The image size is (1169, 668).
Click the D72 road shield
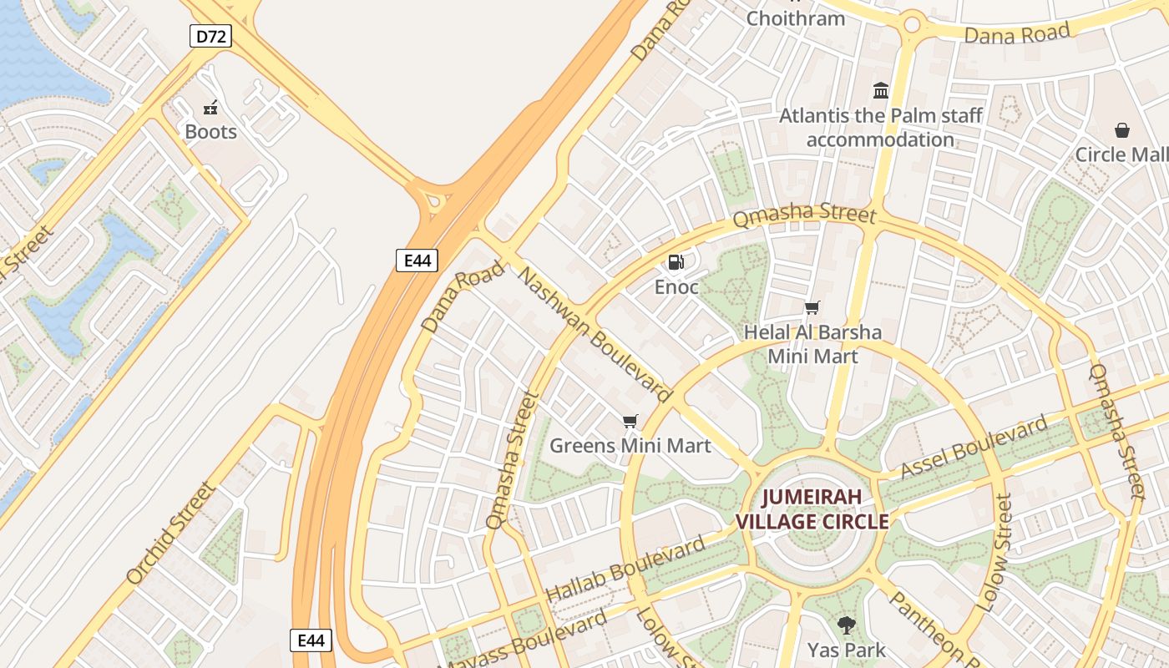click(210, 36)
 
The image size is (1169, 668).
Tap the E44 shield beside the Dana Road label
click(417, 261)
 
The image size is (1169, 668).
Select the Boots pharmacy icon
click(210, 108)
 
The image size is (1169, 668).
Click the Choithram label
click(795, 18)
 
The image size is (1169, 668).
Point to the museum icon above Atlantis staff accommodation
click(881, 90)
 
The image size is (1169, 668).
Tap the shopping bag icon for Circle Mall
click(1121, 130)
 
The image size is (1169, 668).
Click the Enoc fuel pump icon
click(676, 262)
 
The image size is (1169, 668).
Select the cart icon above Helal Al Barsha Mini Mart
click(812, 307)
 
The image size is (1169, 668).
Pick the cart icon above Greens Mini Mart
click(630, 421)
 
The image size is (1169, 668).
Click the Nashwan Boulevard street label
click(595, 333)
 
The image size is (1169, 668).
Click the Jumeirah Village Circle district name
click(812, 509)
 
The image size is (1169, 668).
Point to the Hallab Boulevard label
click(625, 570)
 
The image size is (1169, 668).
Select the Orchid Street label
click(170, 533)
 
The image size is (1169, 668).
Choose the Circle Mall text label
click(1121, 154)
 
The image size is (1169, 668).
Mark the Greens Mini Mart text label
click(630, 446)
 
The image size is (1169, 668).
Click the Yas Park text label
click(847, 650)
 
